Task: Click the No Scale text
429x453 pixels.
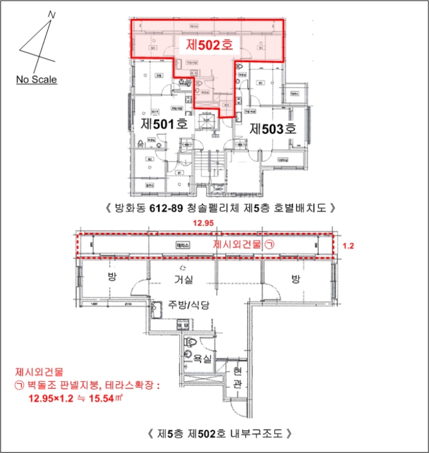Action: tap(36, 80)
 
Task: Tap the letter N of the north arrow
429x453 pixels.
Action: tap(52, 14)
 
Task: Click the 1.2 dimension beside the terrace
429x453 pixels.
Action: tap(349, 246)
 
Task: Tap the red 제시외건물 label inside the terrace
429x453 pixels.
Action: tap(237, 245)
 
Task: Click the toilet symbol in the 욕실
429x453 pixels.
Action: tap(191, 341)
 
